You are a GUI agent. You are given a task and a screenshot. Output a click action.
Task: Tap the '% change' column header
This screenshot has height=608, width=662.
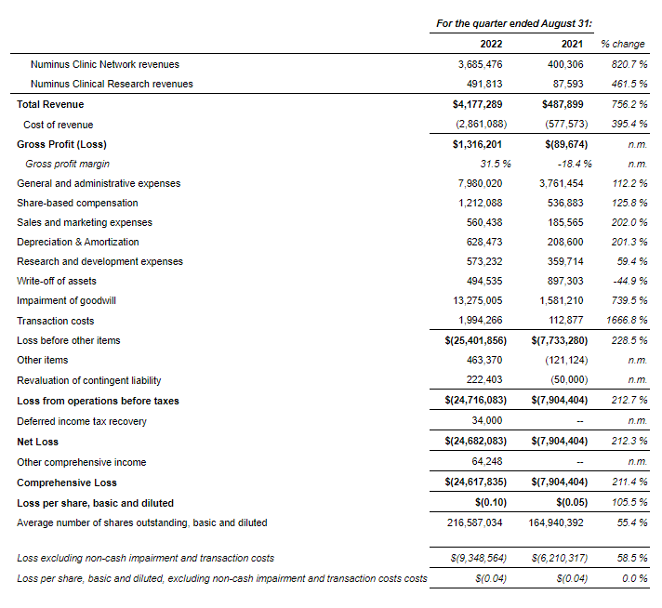pyautogui.click(x=622, y=44)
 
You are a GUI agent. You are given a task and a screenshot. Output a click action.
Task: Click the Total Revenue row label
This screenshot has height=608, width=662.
pyautogui.click(x=50, y=105)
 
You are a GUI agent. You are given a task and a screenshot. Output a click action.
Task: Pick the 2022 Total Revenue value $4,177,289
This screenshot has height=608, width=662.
pyautogui.click(x=476, y=105)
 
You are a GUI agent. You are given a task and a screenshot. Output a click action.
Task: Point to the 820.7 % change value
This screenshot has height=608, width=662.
pyautogui.click(x=628, y=64)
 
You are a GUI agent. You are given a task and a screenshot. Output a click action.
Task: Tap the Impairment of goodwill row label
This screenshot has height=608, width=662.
pyautogui.click(x=66, y=301)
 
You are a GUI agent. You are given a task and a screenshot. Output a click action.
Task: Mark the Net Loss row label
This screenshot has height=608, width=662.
pyautogui.click(x=38, y=442)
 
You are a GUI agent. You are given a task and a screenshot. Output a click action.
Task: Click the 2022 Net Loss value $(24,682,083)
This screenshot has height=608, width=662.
pyautogui.click(x=473, y=442)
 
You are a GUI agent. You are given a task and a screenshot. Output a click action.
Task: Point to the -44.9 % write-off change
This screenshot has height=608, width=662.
pyautogui.click(x=628, y=281)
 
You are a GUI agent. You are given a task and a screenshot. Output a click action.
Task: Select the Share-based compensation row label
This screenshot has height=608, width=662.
pyautogui.click(x=77, y=203)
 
